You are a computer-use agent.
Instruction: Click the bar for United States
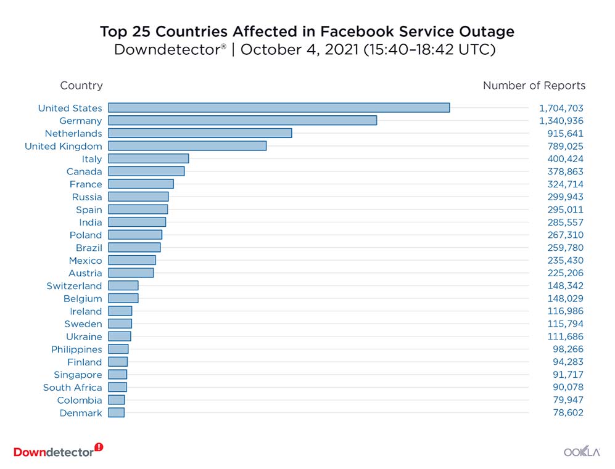click(279, 108)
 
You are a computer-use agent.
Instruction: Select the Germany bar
click(242, 121)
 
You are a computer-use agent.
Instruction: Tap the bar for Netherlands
click(200, 133)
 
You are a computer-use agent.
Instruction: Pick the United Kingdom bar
click(188, 146)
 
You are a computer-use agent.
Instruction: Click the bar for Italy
click(149, 159)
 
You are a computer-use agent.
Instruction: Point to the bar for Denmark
click(116, 413)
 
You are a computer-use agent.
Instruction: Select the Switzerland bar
click(123, 286)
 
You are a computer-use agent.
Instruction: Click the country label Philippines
click(76, 349)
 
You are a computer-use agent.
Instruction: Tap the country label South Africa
click(72, 388)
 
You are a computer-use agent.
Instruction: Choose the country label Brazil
click(89, 248)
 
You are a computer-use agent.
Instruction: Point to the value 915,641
click(566, 133)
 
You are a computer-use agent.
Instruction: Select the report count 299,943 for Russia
click(565, 197)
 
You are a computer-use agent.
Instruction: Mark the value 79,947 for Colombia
click(568, 401)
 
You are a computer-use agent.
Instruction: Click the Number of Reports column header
click(534, 86)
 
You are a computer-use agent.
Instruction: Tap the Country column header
click(81, 86)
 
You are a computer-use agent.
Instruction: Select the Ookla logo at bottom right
click(582, 452)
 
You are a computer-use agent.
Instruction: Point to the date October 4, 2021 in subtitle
click(299, 50)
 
